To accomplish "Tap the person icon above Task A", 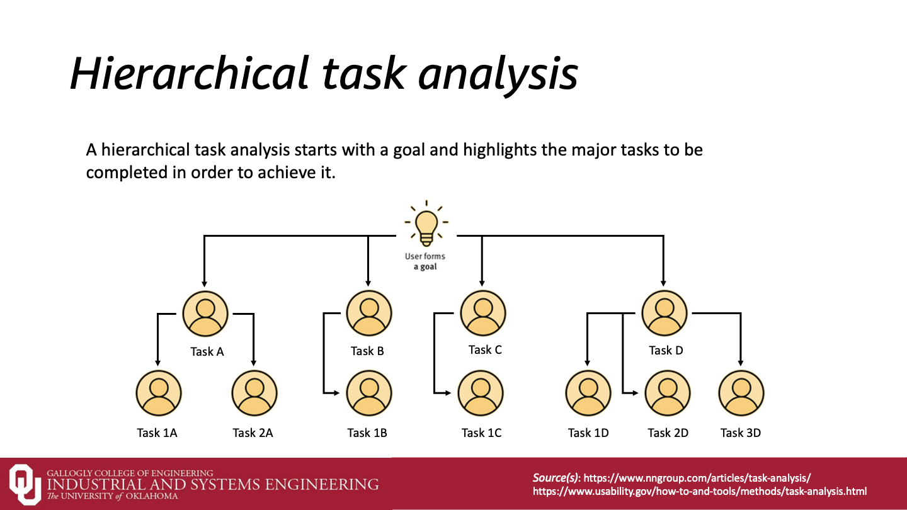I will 205,313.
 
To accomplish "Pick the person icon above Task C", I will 483,312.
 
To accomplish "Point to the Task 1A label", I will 157,433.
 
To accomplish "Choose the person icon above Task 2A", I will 254,393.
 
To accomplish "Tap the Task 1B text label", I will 367,433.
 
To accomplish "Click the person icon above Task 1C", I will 481,393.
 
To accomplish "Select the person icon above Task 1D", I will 588,393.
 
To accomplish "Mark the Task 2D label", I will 668,433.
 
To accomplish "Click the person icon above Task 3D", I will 741,393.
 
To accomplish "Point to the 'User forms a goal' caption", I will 425,261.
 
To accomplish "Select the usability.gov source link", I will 700,491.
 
